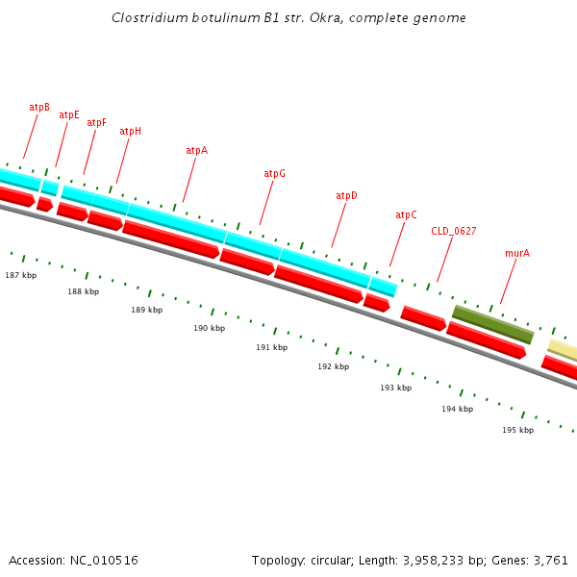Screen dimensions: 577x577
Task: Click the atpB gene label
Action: [x=39, y=108]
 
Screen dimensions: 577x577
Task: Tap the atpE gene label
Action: [x=69, y=115]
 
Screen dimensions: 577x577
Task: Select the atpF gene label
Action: [x=97, y=123]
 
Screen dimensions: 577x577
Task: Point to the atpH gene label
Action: [x=130, y=132]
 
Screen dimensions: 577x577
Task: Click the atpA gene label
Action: [x=196, y=151]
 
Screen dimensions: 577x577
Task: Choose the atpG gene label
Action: [x=274, y=174]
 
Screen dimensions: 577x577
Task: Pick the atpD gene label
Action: [x=346, y=196]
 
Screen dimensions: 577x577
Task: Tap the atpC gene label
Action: [x=406, y=215]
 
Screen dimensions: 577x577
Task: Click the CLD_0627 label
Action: [x=453, y=232]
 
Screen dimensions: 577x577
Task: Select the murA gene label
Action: [x=517, y=254]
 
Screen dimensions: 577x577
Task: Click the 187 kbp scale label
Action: [x=20, y=276]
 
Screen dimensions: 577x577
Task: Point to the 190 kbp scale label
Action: [x=209, y=329]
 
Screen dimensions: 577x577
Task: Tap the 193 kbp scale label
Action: [x=395, y=389]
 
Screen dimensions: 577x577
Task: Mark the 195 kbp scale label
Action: [x=517, y=431]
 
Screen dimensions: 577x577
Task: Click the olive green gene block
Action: [x=492, y=324]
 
